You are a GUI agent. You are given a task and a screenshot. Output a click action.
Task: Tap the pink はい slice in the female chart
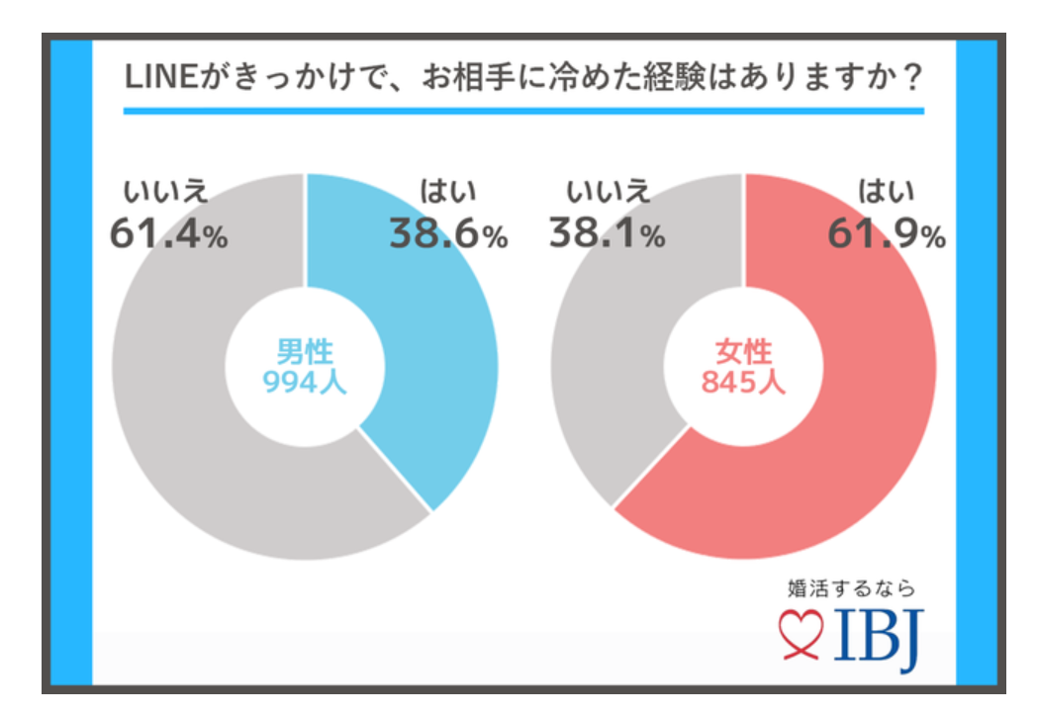[851, 415]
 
